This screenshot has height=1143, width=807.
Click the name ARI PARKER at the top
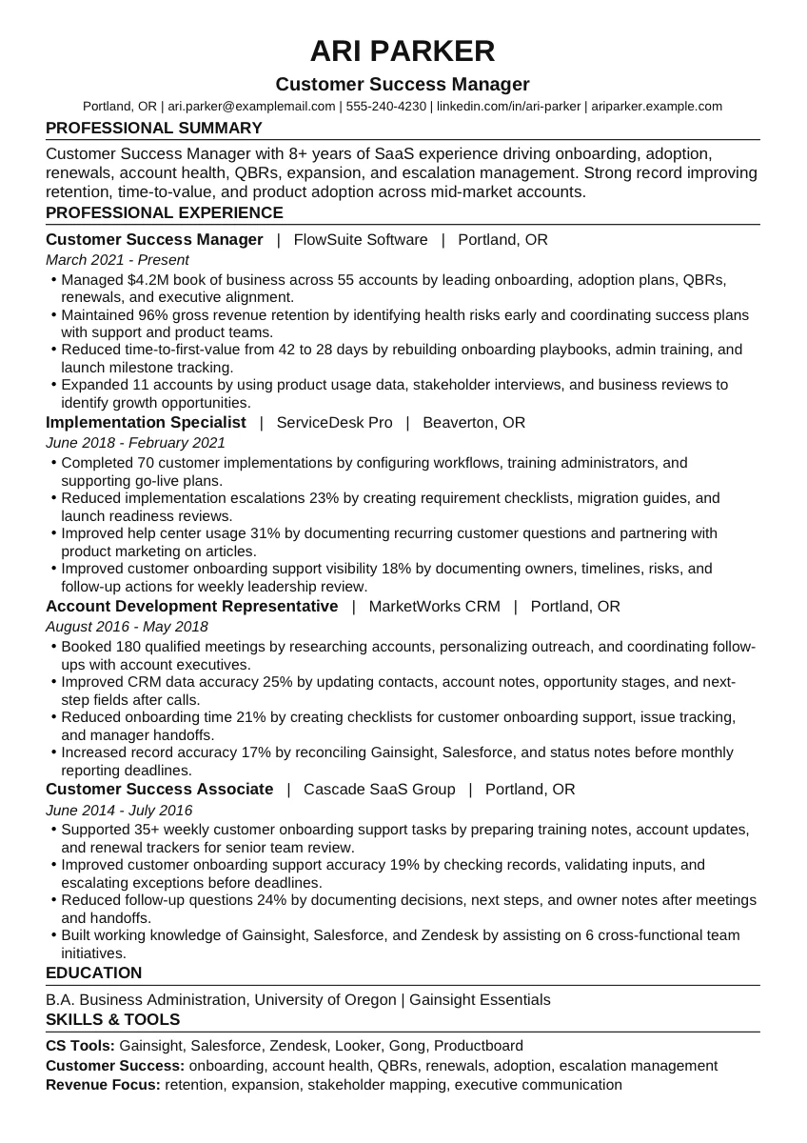click(403, 50)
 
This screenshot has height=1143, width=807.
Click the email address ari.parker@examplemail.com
click(251, 107)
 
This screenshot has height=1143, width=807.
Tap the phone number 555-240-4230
click(385, 107)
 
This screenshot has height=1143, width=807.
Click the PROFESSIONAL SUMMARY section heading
click(154, 129)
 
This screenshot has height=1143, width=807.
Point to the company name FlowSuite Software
click(361, 240)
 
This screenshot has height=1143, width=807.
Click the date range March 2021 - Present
click(117, 260)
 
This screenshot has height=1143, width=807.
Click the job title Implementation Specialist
click(146, 423)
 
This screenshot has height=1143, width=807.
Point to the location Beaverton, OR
click(473, 423)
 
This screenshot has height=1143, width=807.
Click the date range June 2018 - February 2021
click(135, 443)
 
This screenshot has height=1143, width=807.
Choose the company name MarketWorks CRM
click(434, 607)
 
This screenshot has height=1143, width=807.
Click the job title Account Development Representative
click(191, 607)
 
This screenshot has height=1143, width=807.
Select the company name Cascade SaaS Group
click(379, 790)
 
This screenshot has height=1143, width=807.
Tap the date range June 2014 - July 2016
click(119, 811)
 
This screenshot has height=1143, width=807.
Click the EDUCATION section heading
click(94, 973)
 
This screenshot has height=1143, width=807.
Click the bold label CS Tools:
click(81, 1046)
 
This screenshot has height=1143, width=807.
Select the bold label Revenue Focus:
click(103, 1085)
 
